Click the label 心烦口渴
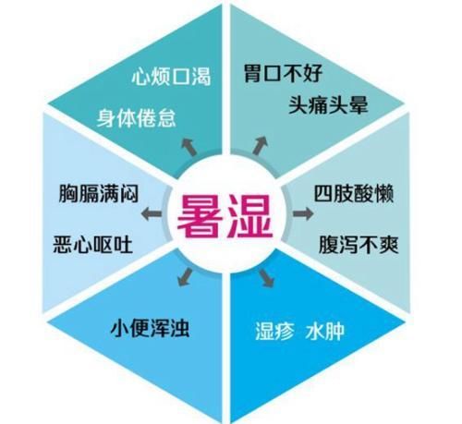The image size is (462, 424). (x=171, y=76)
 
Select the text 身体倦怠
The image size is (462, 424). (x=136, y=118)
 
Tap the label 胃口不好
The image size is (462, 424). (x=283, y=73)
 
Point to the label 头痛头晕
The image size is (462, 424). (x=328, y=105)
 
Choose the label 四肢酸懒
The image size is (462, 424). (x=354, y=193)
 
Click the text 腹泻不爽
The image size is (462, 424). (x=359, y=245)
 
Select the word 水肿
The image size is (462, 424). (x=324, y=332)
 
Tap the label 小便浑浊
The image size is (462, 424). (x=150, y=328)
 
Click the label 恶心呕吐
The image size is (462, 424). (x=92, y=245)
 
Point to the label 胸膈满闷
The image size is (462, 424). (x=99, y=193)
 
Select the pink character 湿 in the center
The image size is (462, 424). (x=249, y=215)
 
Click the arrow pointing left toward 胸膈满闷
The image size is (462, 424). (x=152, y=213)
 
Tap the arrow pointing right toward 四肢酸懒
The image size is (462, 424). (x=303, y=213)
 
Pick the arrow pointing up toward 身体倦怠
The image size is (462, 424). (x=188, y=146)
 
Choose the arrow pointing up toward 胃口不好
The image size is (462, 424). (x=261, y=145)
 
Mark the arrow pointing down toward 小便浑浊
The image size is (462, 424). (x=185, y=277)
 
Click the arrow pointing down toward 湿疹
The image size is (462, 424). (x=267, y=278)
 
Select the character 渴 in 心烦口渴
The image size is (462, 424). (x=201, y=76)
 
